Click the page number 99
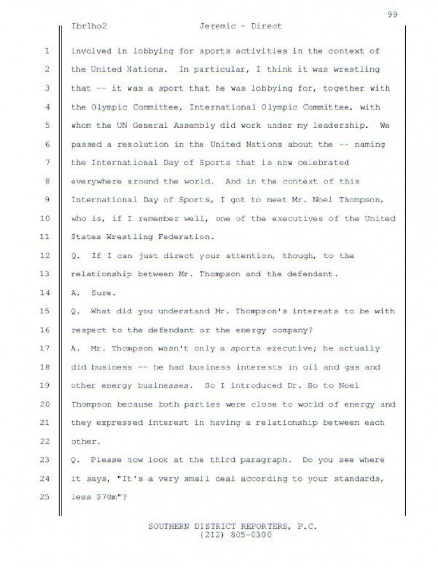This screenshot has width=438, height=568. (393, 14)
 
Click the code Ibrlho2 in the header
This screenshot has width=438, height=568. (89, 26)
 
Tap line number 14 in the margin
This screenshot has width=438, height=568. (46, 293)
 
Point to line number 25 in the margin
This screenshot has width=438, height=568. (46, 497)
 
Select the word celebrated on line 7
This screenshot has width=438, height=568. (325, 163)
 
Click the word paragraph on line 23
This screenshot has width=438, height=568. (269, 460)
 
